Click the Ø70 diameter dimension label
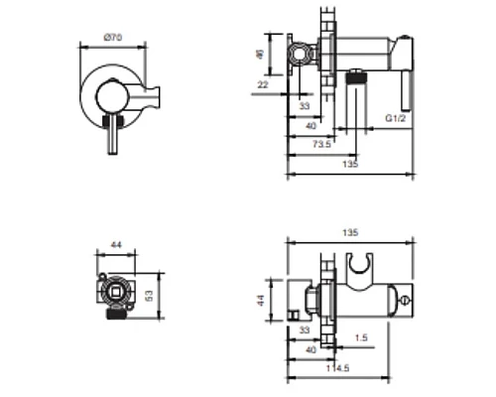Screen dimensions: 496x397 (x=113, y=38)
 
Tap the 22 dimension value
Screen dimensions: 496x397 (x=263, y=85)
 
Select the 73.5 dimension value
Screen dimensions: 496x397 (x=321, y=144)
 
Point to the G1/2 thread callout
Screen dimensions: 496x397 (x=396, y=118)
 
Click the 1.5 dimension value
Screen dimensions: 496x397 (x=361, y=337)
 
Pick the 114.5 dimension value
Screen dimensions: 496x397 (x=337, y=368)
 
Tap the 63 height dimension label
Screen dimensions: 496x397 (x=149, y=296)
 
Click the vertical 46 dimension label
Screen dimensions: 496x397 (x=261, y=55)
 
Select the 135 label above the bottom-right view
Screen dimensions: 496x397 (x=350, y=232)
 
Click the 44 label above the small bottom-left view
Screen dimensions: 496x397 (x=116, y=245)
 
